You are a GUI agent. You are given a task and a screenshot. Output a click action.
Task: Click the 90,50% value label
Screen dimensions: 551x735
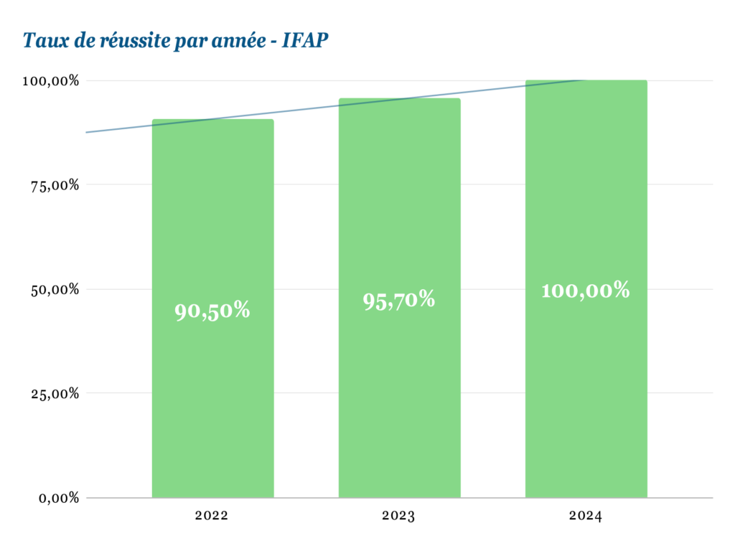pos(212,311)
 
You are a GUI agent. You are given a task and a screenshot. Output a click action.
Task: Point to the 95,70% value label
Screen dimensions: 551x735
pos(399,300)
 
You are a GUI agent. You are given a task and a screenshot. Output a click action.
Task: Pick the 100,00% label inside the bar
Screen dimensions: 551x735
pos(586,291)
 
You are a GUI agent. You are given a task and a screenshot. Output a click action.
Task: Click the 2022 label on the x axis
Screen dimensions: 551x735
pos(212,516)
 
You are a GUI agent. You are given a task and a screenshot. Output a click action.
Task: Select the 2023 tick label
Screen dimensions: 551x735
pos(399,516)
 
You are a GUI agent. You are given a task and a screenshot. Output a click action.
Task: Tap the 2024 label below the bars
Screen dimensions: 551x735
pos(586,516)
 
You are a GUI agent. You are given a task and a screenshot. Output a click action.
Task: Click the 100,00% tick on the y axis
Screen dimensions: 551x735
pos(50,81)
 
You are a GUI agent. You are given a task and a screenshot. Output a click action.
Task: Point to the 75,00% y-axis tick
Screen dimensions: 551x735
pos(53,185)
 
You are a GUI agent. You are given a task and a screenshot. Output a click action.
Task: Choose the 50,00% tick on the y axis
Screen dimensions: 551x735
pos(53,290)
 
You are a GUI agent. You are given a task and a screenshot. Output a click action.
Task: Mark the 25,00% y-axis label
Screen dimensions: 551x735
pos(53,394)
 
